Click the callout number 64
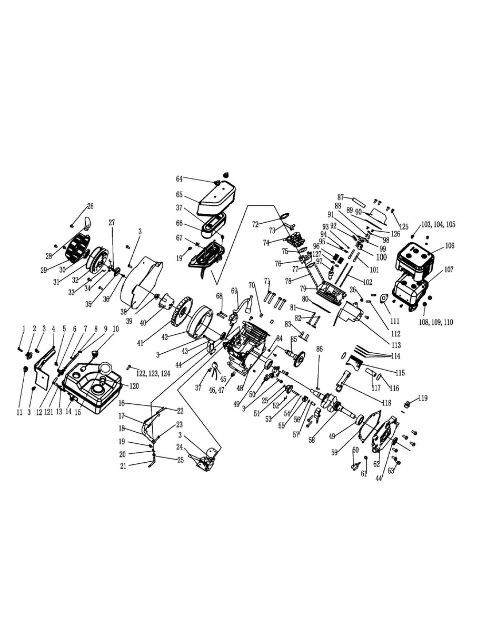(180, 179)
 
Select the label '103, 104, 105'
(438, 224)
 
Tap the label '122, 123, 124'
(153, 373)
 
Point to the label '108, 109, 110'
(436, 322)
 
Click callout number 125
(403, 226)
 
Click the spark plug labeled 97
(329, 273)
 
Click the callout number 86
(320, 349)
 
